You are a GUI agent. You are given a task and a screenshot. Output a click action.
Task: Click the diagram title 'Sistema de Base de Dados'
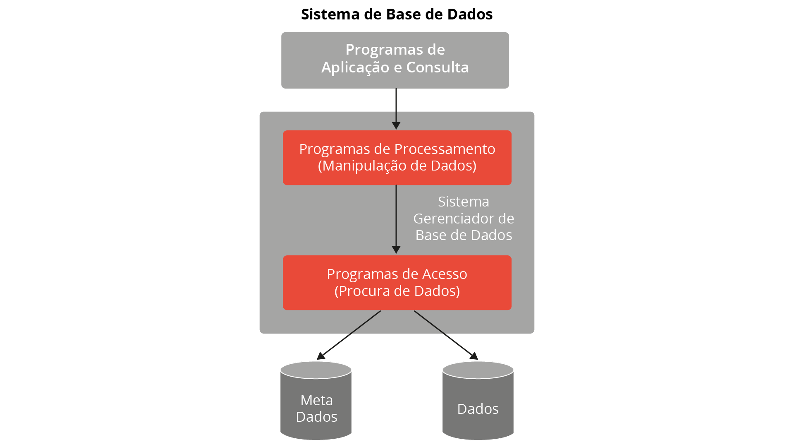[x=397, y=14]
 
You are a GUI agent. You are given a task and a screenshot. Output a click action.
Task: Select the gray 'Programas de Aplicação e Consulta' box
[x=395, y=60]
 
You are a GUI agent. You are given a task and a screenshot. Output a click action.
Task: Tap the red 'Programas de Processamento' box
[x=397, y=158]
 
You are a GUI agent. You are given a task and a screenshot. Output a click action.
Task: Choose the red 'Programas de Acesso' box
[x=397, y=283]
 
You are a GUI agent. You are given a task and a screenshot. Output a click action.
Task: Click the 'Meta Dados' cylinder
[x=316, y=401]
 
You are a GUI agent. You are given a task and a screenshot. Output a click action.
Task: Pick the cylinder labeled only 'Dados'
[x=478, y=401]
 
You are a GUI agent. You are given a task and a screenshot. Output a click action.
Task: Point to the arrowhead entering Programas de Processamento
[x=396, y=126]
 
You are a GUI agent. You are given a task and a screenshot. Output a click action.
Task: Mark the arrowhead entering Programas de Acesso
[x=396, y=250]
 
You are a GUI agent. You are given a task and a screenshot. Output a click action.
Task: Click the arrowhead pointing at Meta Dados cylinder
[x=320, y=356]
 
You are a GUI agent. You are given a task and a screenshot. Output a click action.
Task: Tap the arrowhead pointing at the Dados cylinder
[x=474, y=356]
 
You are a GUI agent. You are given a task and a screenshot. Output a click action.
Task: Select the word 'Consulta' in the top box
[x=438, y=67]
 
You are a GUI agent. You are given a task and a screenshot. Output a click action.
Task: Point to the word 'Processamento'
[x=445, y=149]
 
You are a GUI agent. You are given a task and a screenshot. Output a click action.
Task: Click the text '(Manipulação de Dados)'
[x=397, y=166]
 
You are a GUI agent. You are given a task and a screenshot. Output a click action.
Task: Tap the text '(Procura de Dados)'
[x=397, y=291]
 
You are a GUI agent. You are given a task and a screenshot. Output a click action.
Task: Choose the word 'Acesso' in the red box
[x=445, y=274]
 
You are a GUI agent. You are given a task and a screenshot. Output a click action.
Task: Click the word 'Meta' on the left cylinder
[x=317, y=400]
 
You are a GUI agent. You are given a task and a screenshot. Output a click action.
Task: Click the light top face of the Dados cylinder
[x=478, y=370]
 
